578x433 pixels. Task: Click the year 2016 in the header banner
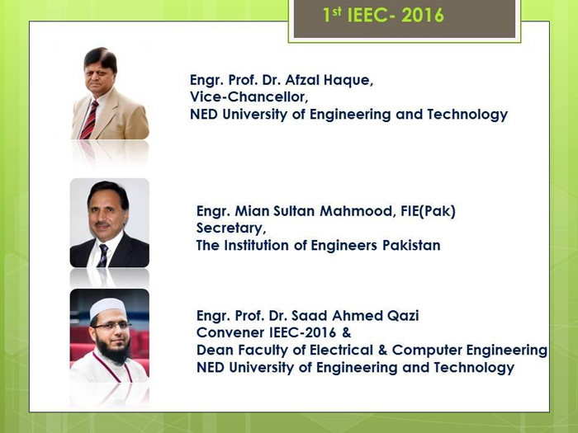point(423,16)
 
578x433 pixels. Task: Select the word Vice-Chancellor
point(249,96)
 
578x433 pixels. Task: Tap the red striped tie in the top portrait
point(89,120)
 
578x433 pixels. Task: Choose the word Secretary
point(231,228)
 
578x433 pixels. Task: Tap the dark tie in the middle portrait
point(103,255)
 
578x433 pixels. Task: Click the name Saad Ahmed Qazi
point(355,316)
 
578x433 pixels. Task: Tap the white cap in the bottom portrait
point(107,307)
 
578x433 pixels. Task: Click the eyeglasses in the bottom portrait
point(112,326)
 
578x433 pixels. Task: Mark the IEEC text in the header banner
point(368,16)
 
